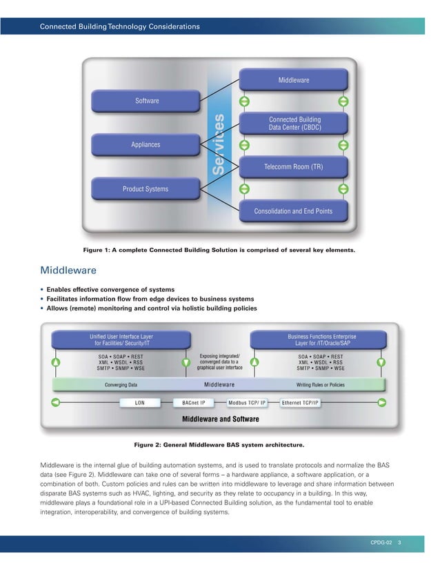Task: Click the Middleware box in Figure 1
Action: pyautogui.click(x=294, y=81)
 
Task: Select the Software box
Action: pyautogui.click(x=146, y=101)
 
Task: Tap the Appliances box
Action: pyautogui.click(x=146, y=145)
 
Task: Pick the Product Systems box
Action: pyautogui.click(x=146, y=188)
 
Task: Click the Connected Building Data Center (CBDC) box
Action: pyautogui.click(x=294, y=124)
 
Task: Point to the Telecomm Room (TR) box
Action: pyautogui.click(x=294, y=167)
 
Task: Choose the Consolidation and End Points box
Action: pyautogui.click(x=294, y=211)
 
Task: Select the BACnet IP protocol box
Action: pyautogui.click(x=194, y=401)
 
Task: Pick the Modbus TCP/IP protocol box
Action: pyautogui.click(x=251, y=401)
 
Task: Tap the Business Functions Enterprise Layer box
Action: pyautogui.click(x=321, y=340)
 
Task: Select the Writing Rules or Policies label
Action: pyautogui.click(x=320, y=384)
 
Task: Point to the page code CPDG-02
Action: pyautogui.click(x=381, y=544)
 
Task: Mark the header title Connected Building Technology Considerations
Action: pyautogui.click(x=120, y=27)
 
